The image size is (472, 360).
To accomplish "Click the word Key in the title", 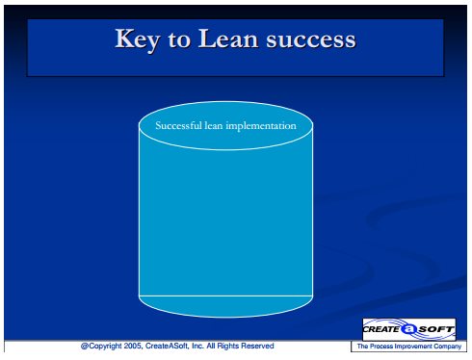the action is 137,39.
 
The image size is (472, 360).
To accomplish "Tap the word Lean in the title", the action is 228,39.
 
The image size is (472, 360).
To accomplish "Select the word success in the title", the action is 311,40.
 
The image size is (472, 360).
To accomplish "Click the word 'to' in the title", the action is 178,40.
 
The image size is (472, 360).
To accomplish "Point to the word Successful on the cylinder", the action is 178,125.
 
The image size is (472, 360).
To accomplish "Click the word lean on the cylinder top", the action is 214,125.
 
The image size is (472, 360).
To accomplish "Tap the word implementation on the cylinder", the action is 261,126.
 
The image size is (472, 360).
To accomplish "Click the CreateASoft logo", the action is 408,329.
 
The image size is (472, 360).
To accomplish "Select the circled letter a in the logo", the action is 408,329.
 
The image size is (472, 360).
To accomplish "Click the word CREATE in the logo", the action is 381,329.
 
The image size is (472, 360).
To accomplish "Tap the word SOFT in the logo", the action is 436,329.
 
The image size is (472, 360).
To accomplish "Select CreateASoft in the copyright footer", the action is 167,346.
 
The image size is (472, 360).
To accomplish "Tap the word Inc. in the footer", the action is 197,346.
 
